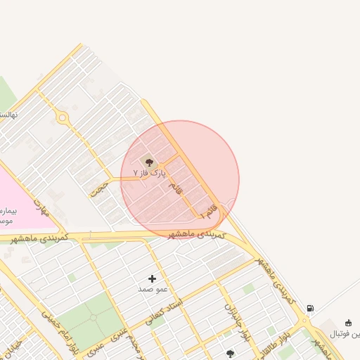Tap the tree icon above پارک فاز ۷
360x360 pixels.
[x=148, y=161]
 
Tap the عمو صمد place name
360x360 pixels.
[x=152, y=289]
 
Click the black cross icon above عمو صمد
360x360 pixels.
[x=152, y=279]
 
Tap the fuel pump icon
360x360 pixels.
[x=311, y=308]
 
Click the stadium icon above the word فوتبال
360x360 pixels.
[x=348, y=323]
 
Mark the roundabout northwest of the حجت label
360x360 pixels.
[x=63, y=117]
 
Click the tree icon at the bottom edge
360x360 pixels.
[x=230, y=354]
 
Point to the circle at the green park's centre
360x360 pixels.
[x=94, y=318]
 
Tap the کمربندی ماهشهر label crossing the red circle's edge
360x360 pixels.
[x=196, y=233]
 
